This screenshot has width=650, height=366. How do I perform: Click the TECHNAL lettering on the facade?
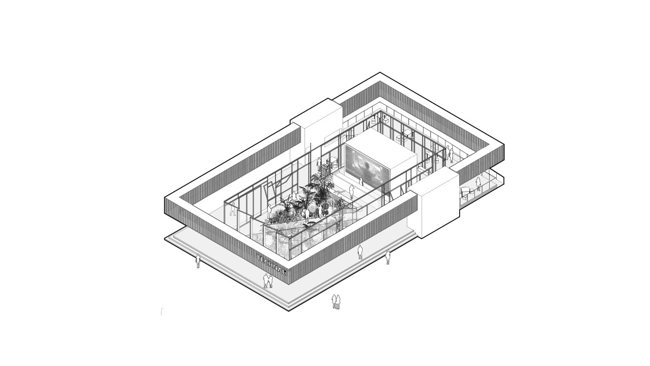272,264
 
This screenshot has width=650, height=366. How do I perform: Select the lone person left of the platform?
198,261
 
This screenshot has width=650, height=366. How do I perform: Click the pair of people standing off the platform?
336,302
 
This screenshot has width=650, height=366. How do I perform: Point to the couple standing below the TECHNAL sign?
267,281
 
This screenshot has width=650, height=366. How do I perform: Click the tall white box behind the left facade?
316,128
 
